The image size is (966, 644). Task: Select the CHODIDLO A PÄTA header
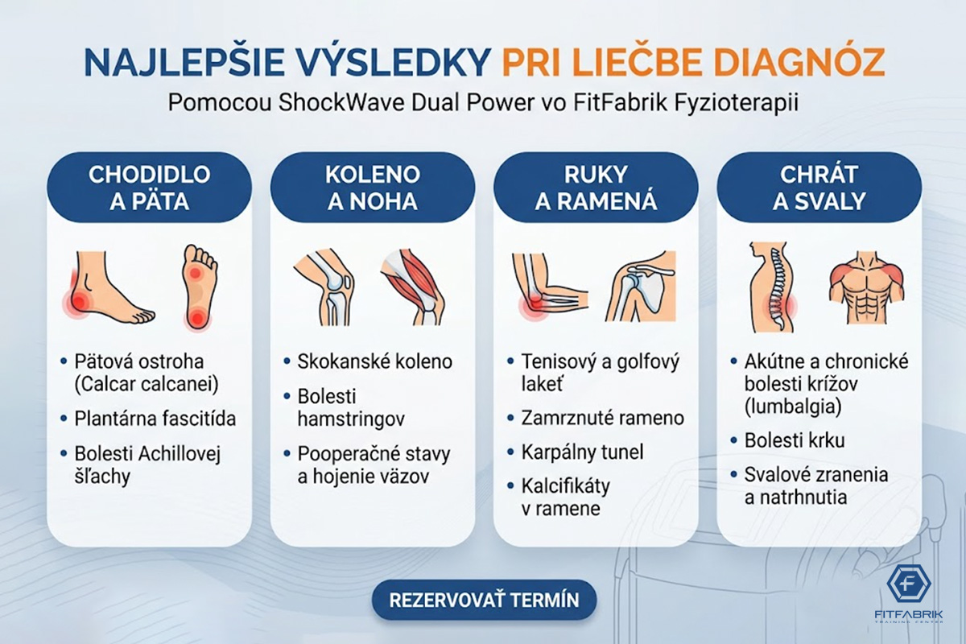coord(149,188)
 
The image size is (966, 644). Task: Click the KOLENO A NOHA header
coord(372,188)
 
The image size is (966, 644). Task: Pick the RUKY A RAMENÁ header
coord(596,188)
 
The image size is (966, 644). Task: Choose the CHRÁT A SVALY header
coord(819,188)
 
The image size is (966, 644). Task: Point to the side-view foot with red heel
coord(109,287)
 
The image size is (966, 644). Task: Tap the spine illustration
coord(771,287)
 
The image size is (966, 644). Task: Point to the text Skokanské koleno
coord(375,361)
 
